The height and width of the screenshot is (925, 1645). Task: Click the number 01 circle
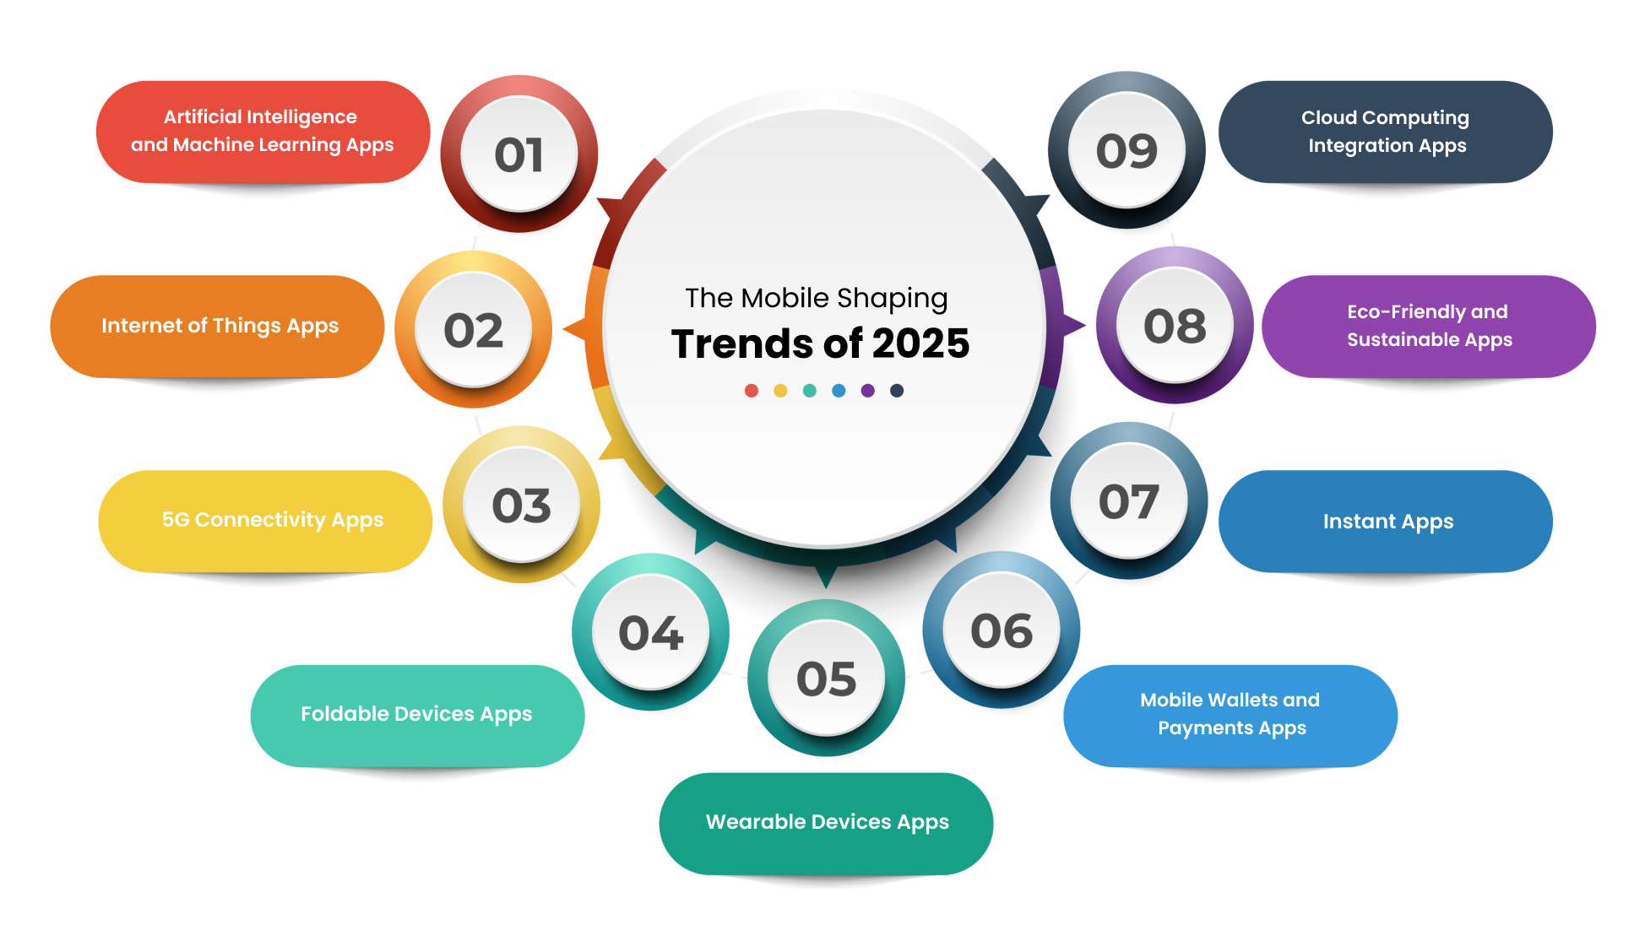(x=519, y=154)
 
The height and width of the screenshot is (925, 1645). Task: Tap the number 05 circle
(x=826, y=678)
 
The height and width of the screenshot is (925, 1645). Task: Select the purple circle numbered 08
(x=1175, y=325)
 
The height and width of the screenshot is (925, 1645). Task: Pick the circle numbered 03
(x=521, y=504)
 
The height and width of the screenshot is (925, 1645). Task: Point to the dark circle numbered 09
(x=1127, y=150)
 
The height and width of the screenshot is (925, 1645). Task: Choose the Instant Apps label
(x=1386, y=521)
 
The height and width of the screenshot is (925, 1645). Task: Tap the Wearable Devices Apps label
(x=826, y=823)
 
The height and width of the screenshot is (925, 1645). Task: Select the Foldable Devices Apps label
(x=417, y=715)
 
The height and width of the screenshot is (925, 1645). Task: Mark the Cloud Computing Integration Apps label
(x=1386, y=132)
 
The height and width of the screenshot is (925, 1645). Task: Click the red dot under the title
(x=752, y=390)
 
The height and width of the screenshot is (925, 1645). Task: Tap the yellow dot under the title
(x=780, y=390)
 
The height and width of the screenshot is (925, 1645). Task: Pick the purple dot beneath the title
(x=867, y=390)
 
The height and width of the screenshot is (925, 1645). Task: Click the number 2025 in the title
(x=920, y=343)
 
